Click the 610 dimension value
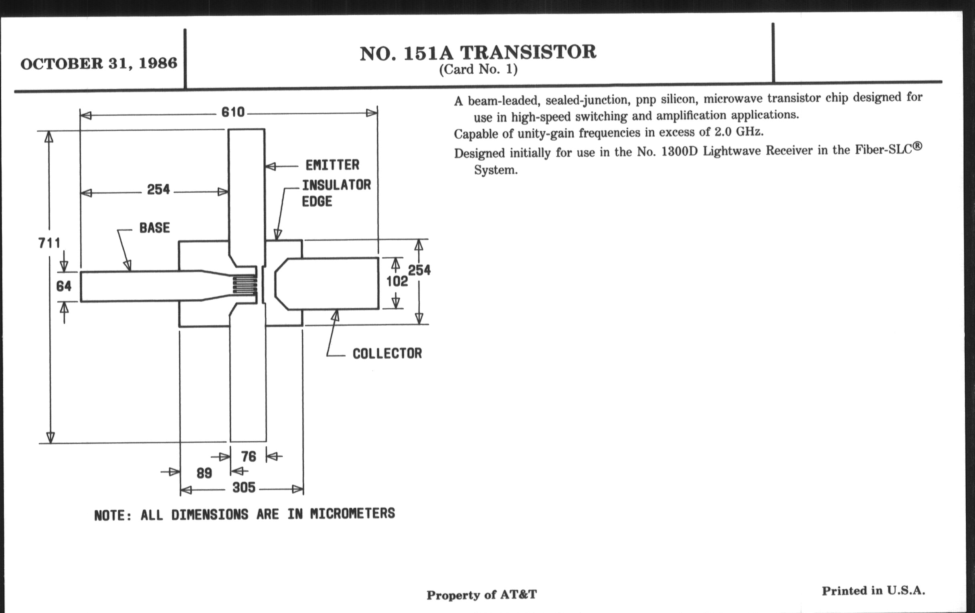[233, 112]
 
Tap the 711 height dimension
[49, 243]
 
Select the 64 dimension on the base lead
[64, 286]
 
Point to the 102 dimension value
[397, 281]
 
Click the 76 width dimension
[249, 456]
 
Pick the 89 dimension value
[204, 473]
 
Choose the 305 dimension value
[244, 488]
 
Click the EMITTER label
[332, 165]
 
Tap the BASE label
[154, 228]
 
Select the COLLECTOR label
[387, 354]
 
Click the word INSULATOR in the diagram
[336, 186]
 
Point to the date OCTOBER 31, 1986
[99, 64]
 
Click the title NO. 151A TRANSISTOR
[478, 53]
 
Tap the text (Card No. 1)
[478, 70]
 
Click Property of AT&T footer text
[481, 595]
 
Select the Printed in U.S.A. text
[873, 591]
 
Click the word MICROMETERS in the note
[352, 514]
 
